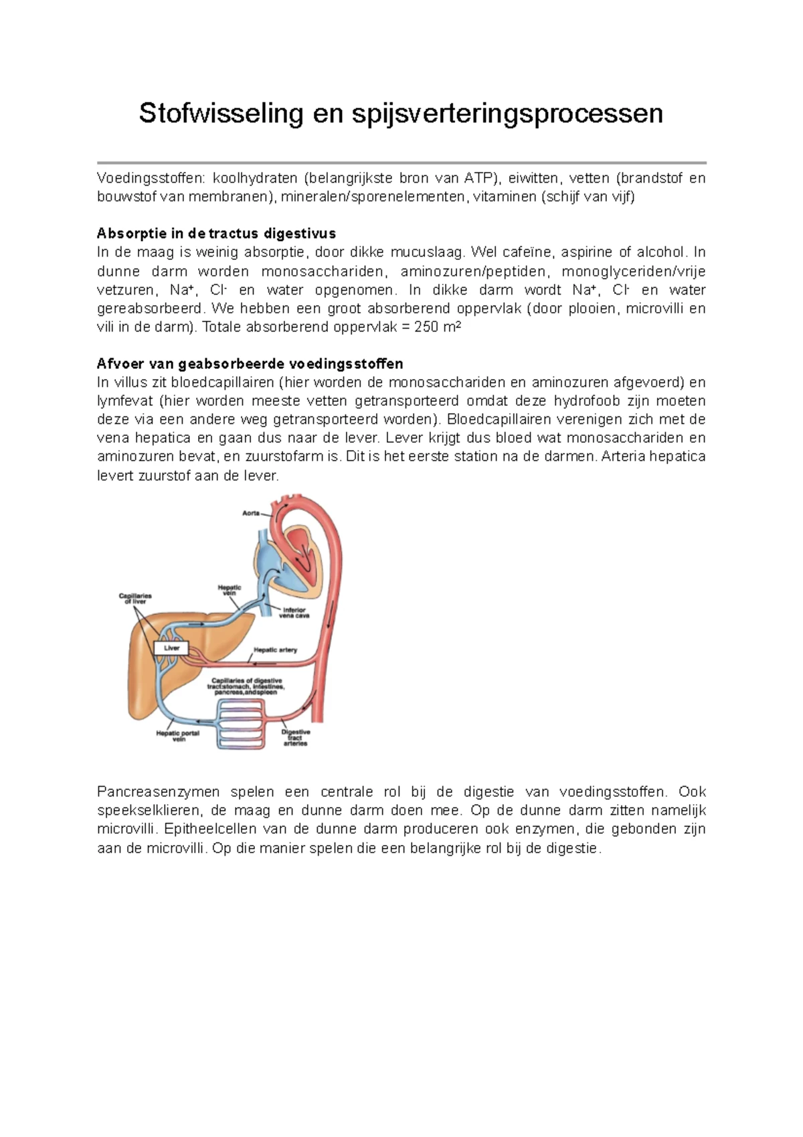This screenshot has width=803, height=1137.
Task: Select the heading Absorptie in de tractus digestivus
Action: pyautogui.click(x=216, y=234)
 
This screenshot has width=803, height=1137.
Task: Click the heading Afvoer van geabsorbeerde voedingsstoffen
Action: pyautogui.click(x=250, y=364)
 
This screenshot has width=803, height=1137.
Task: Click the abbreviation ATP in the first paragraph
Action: pyautogui.click(x=478, y=178)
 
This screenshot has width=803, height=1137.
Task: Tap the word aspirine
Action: pyautogui.click(x=586, y=252)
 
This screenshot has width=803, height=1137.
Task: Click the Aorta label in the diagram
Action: pyautogui.click(x=251, y=513)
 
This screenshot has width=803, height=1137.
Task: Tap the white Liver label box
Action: pyautogui.click(x=172, y=648)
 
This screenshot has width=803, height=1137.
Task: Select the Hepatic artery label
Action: pyautogui.click(x=275, y=650)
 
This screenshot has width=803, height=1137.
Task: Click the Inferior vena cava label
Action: pyautogui.click(x=294, y=613)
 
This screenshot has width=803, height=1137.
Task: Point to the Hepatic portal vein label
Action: pyautogui.click(x=178, y=736)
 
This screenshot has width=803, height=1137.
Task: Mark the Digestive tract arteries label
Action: pyautogui.click(x=295, y=737)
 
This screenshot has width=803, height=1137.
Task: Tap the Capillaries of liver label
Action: pyautogui.click(x=135, y=598)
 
